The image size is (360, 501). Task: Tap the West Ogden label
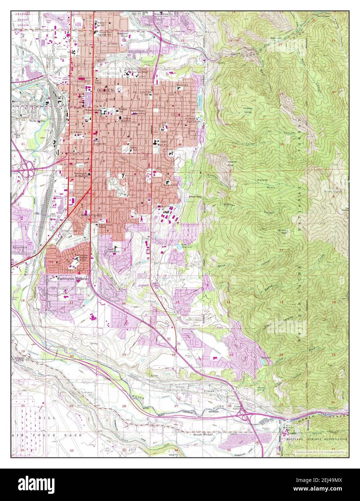pyautogui.click(x=37, y=121)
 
